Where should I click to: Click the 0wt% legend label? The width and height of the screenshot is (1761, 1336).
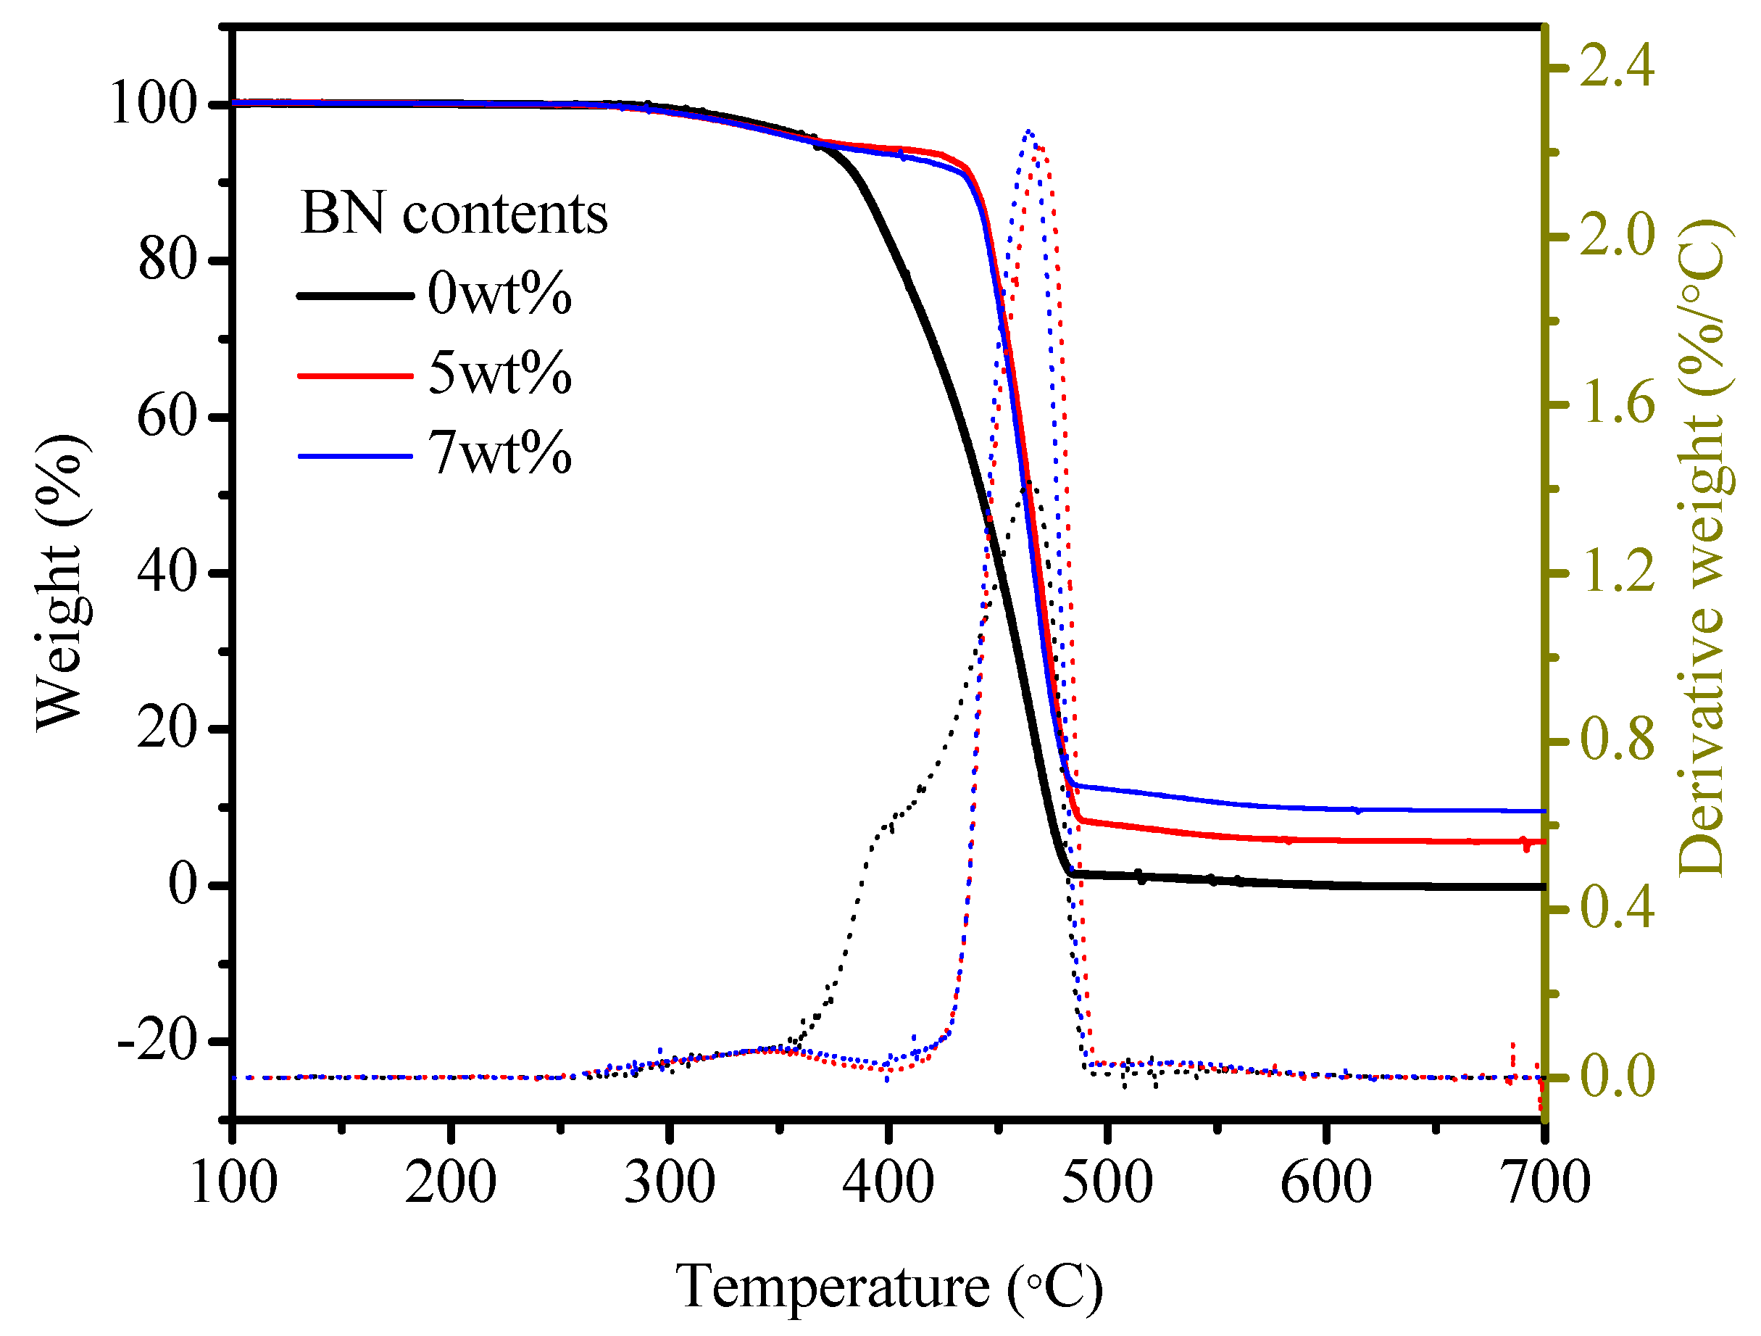tap(499, 294)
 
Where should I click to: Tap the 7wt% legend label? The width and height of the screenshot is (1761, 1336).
tap(499, 454)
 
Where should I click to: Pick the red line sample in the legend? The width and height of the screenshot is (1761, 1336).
tap(356, 375)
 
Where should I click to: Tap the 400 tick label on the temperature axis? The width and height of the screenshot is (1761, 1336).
tap(888, 1183)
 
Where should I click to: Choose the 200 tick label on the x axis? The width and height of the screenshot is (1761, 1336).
tap(451, 1183)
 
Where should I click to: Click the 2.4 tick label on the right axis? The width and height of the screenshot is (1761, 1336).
tap(1617, 67)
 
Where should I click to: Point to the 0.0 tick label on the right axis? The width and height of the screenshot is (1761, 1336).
tap(1617, 1077)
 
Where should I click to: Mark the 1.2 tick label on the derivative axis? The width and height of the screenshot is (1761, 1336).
tap(1617, 573)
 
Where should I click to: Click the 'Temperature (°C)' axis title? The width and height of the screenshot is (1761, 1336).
tap(889, 1288)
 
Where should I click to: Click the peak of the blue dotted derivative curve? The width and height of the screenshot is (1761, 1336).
tap(1028, 131)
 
